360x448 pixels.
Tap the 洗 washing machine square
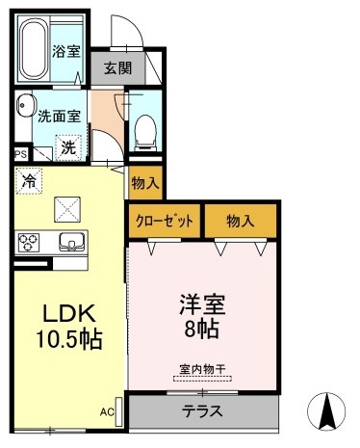[68, 147]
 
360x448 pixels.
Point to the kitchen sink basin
[69, 241]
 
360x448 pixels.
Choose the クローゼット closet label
[165, 221]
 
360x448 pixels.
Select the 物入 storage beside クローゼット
[240, 221]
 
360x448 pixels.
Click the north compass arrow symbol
[326, 411]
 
